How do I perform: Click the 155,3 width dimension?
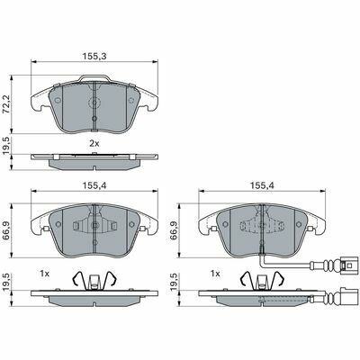point(94,56)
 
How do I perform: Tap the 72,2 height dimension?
point(6,104)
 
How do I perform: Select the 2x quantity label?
point(94,144)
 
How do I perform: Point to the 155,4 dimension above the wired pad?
point(262,186)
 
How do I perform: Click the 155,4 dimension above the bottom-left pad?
point(94,186)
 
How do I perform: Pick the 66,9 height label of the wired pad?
point(174,231)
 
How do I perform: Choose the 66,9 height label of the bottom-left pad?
point(6,231)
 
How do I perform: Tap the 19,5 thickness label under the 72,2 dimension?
point(6,146)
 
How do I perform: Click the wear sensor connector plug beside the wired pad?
point(350,265)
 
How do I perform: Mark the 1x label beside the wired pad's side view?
point(215,274)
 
